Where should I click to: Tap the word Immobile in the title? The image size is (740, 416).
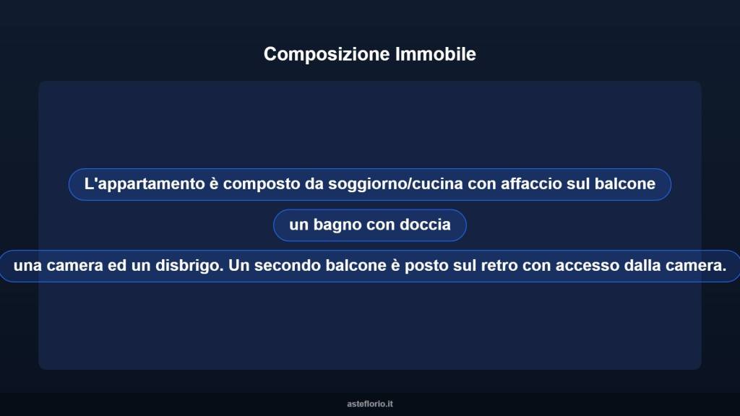pos(436,54)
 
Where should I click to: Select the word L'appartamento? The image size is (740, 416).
pos(145,184)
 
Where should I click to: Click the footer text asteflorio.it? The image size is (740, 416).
pos(370,404)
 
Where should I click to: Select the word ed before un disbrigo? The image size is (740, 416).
pos(116,266)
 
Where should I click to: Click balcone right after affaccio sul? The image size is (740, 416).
pos(624,184)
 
